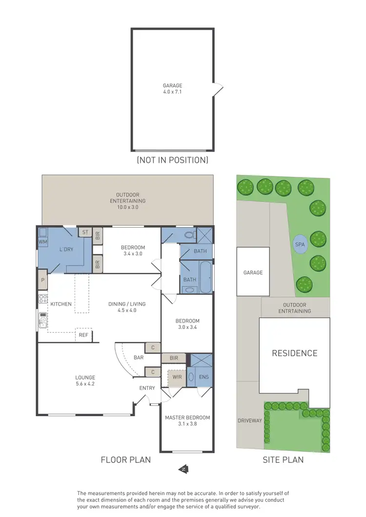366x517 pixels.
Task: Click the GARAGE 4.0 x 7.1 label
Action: [x=173, y=88]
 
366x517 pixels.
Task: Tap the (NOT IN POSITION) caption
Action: [x=172, y=160]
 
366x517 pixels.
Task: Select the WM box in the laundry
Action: [x=42, y=241]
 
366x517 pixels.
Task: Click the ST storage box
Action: [x=85, y=232]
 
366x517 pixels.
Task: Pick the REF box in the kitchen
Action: [x=83, y=335]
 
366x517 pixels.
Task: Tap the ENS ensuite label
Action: [x=204, y=377]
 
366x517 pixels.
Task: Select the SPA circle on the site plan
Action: [x=300, y=244]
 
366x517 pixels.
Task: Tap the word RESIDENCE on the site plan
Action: [x=294, y=353]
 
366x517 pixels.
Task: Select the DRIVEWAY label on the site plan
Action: [x=250, y=420]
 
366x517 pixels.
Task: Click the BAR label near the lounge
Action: [x=139, y=358]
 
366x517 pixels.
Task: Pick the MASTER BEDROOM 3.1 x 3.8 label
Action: [x=187, y=421]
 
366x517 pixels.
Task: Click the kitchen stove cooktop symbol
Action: [x=42, y=299]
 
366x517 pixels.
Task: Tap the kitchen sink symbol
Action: [x=42, y=320]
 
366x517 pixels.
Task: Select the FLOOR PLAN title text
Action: [x=125, y=460]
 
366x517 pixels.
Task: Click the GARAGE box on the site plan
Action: [x=253, y=272]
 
